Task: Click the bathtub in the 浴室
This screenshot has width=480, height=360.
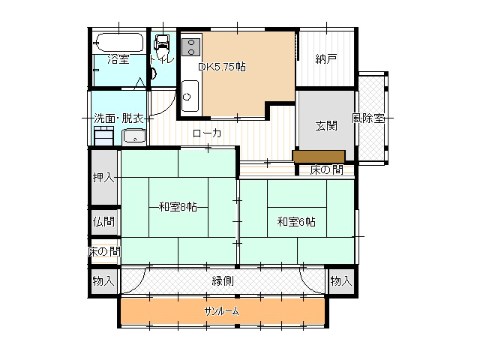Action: [x=119, y=42]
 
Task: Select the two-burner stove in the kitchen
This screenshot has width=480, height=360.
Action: [x=191, y=47]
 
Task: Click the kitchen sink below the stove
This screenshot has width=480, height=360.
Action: [x=190, y=96]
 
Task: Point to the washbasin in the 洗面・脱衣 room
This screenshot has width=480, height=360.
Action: [x=134, y=136]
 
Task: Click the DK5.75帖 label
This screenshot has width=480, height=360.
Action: [x=222, y=67]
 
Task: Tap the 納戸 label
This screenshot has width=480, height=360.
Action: [x=326, y=58]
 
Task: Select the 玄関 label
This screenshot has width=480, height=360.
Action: [x=326, y=125]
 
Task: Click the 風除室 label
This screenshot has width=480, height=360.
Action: [x=367, y=118]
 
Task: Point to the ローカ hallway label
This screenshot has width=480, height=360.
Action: [x=207, y=133]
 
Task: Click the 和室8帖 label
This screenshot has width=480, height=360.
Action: [x=178, y=207]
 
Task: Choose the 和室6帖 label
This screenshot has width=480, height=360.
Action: [x=296, y=222]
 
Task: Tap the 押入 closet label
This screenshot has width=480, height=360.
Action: [x=103, y=177]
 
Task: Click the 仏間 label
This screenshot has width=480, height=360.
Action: [x=103, y=221]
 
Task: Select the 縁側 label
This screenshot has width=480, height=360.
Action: [x=223, y=280]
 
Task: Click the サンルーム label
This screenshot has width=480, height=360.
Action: [x=222, y=311]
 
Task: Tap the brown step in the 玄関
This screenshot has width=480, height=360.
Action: [x=319, y=156]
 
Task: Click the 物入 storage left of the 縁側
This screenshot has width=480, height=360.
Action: [x=103, y=280]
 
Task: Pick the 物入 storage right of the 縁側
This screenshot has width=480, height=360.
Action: [x=341, y=280]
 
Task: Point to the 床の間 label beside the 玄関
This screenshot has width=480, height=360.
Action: [x=327, y=169]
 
